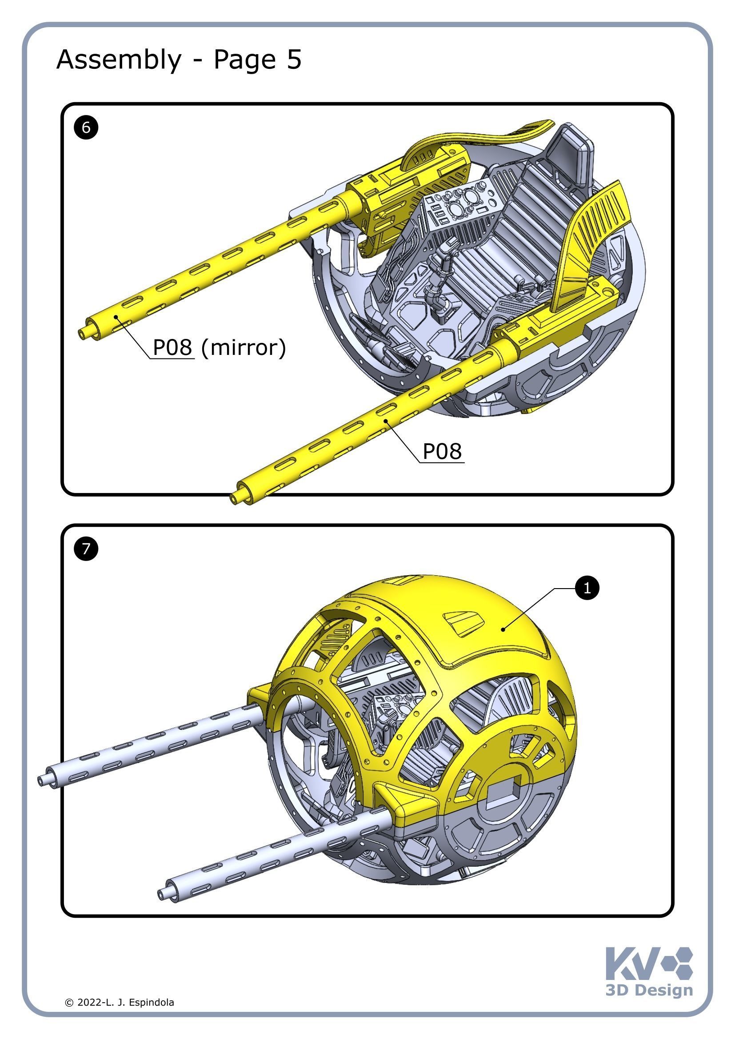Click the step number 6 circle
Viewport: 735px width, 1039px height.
86,127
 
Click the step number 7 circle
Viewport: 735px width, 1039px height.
86,549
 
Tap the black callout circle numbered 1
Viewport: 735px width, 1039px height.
587,588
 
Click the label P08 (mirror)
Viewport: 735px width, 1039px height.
219,347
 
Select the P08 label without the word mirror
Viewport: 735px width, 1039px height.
442,451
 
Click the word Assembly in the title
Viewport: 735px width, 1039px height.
119,60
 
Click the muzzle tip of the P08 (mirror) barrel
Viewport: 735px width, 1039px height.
83,334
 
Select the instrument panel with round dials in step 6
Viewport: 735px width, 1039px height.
462,203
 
